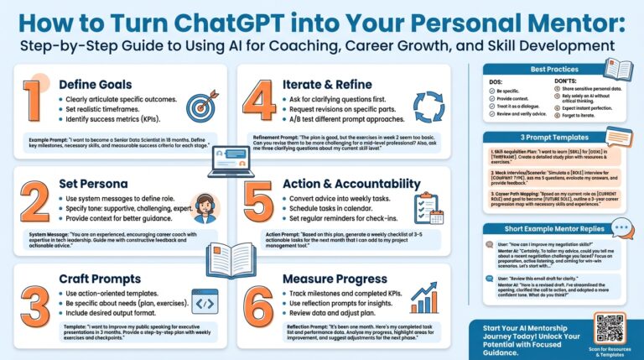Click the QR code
610,328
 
